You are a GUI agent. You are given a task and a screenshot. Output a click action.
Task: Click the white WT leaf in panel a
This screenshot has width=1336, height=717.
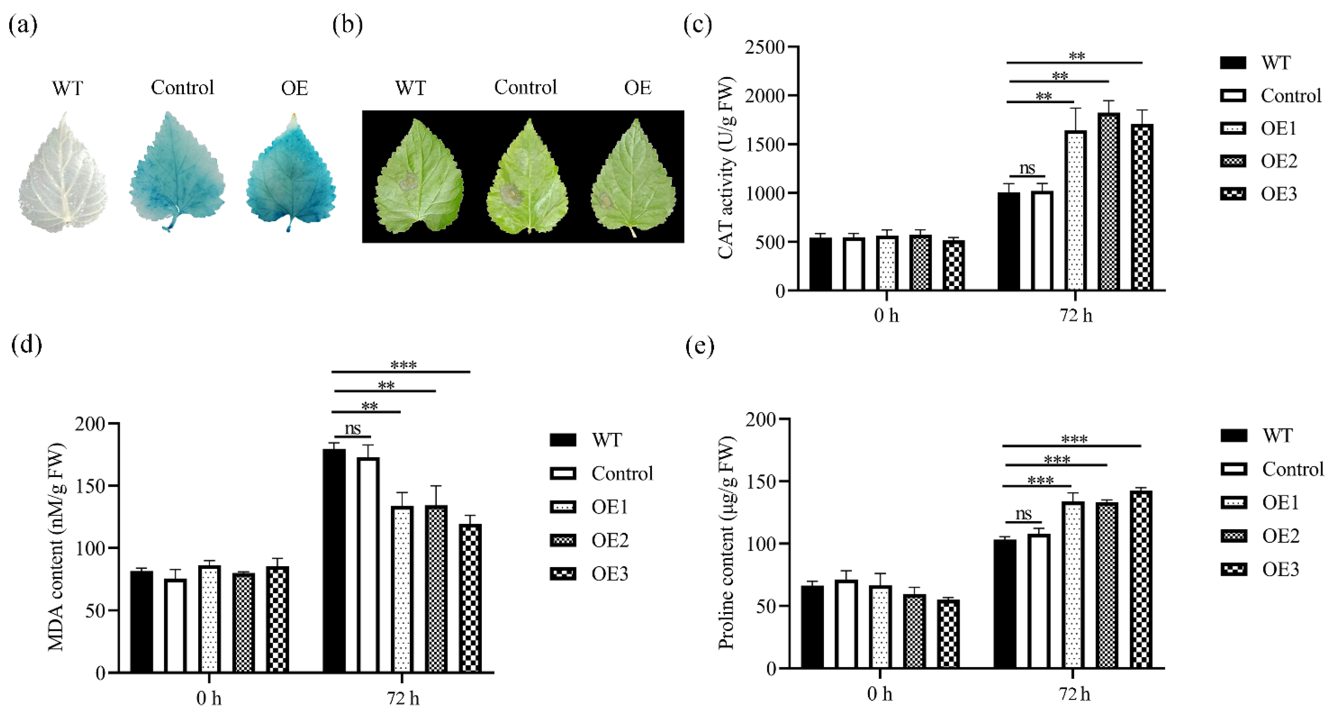(63, 174)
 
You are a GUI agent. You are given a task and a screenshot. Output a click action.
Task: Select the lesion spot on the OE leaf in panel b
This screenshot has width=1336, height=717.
(605, 200)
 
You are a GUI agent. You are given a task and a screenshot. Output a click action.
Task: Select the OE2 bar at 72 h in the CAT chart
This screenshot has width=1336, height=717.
(1108, 202)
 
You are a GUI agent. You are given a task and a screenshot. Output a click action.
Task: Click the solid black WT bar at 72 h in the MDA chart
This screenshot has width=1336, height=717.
(334, 560)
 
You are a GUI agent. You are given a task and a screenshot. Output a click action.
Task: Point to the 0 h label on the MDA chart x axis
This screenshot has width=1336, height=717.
(209, 698)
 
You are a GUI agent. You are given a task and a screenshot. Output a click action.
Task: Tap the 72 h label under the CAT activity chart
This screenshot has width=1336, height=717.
(1076, 315)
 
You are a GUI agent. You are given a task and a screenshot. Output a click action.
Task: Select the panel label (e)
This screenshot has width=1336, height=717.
(700, 346)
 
